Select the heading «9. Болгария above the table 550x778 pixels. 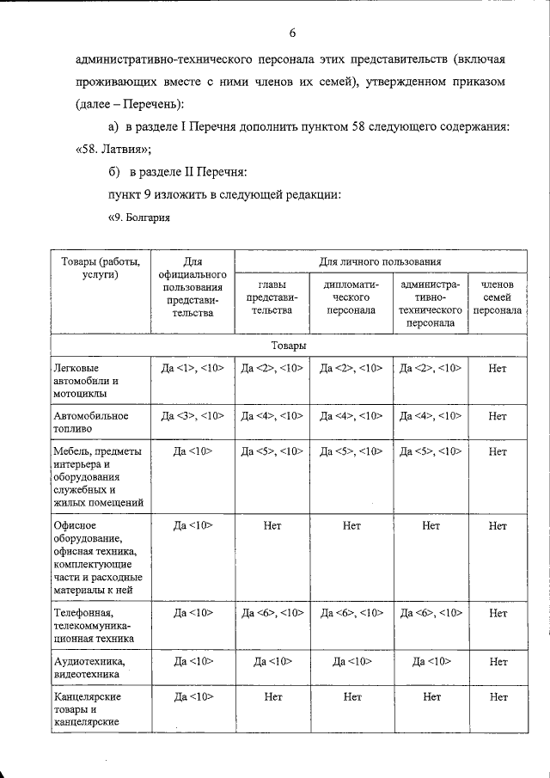138,217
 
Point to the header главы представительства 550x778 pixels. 272,297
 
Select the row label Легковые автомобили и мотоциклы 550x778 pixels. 86,381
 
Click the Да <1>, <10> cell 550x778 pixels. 192,368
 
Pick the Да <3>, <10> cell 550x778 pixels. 192,416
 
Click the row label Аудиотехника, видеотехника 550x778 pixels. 89,667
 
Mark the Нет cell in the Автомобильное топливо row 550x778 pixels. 498,416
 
